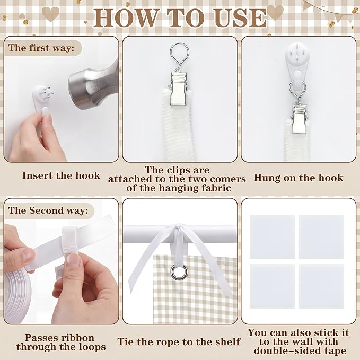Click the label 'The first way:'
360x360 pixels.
click(41, 48)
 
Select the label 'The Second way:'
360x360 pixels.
click(48, 210)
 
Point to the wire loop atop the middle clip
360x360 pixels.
click(180, 56)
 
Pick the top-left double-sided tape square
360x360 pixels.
click(272, 237)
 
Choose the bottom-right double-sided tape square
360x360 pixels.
click(321, 286)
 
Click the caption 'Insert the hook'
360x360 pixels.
click(61, 175)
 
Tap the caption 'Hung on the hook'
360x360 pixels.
click(298, 178)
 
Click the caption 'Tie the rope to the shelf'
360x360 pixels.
click(179, 341)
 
